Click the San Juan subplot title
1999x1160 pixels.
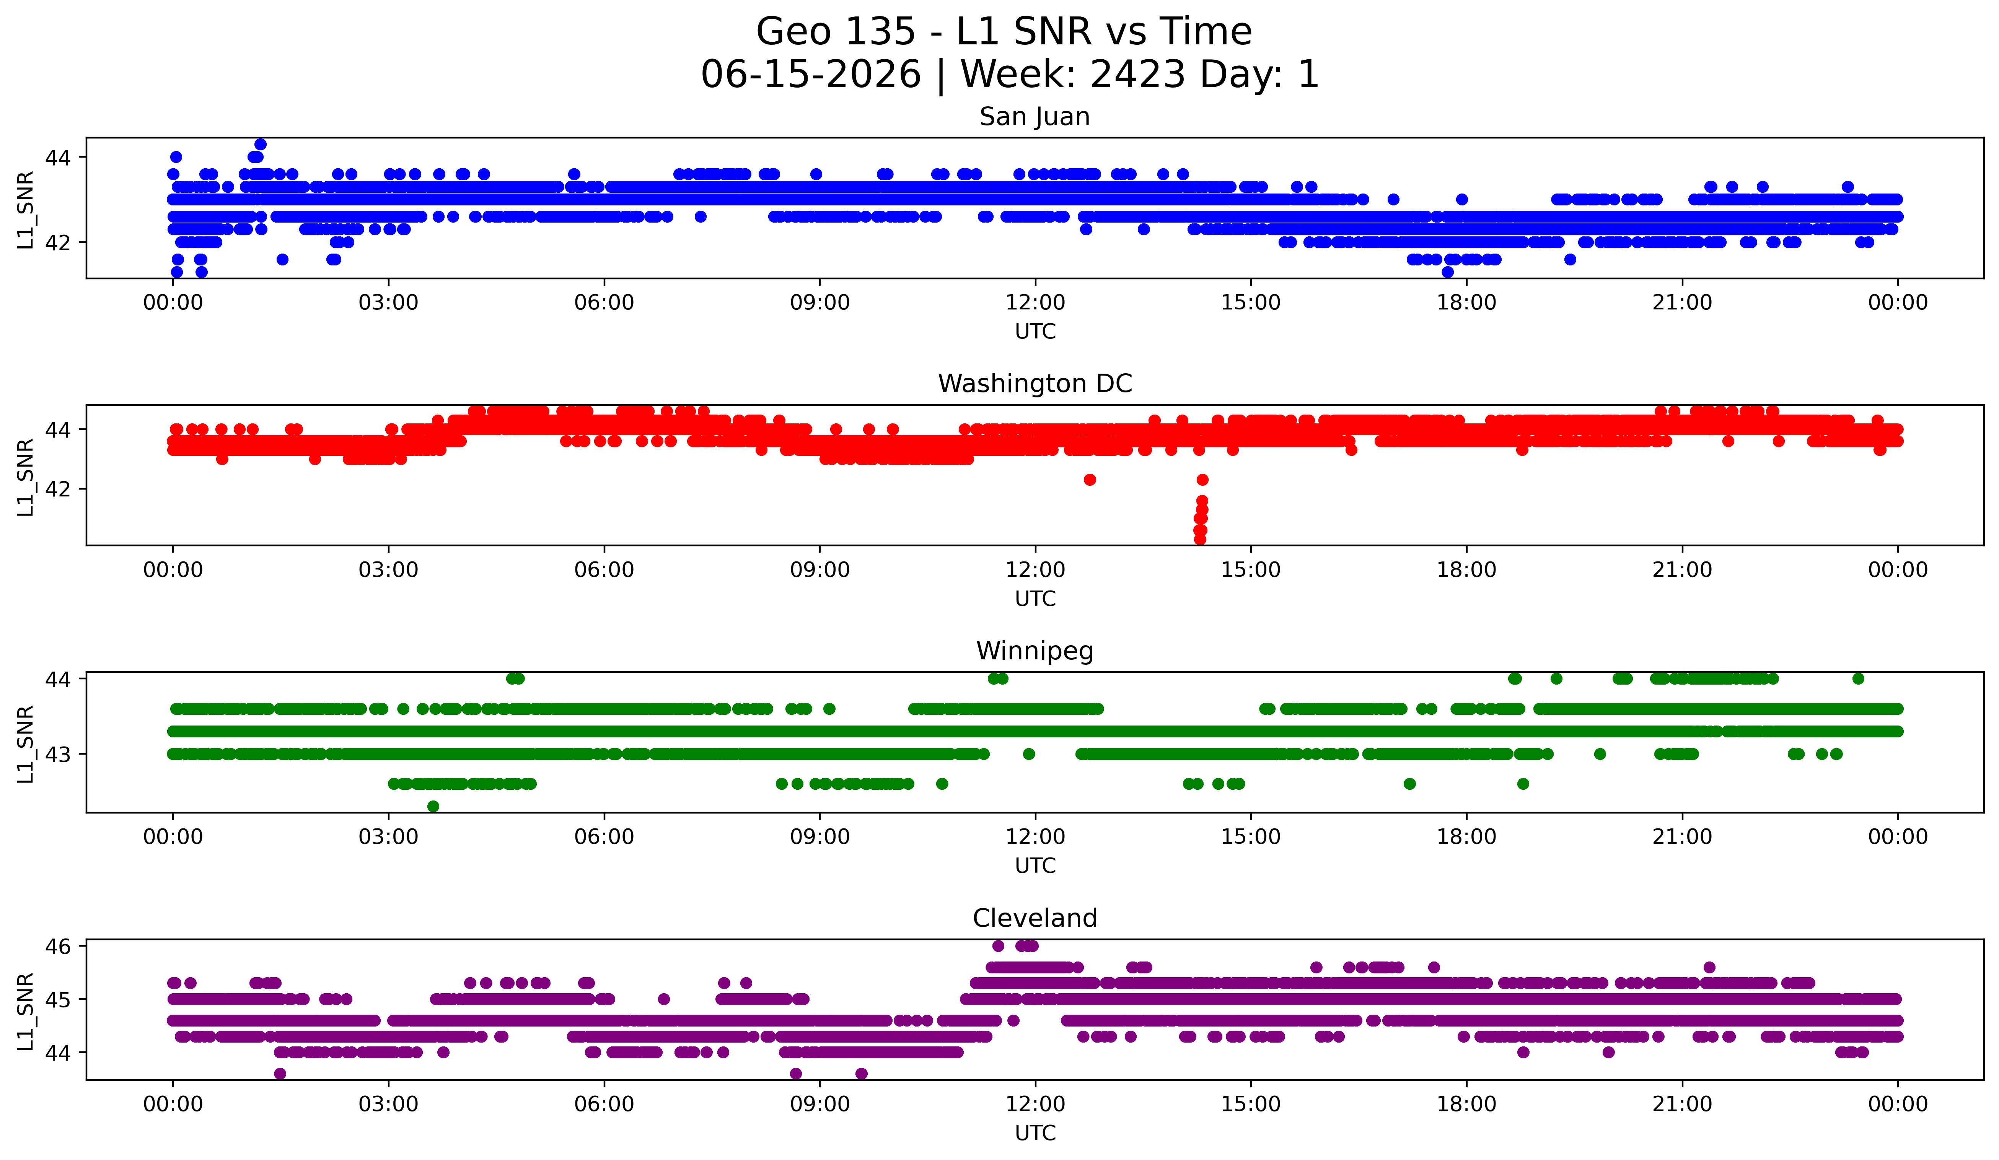(1035, 117)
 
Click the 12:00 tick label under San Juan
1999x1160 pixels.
(1035, 302)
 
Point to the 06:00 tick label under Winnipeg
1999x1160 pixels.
(604, 836)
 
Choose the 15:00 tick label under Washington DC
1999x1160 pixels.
(1251, 569)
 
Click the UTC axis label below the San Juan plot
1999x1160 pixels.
(1035, 332)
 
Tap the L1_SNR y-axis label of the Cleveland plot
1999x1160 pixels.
(25, 1012)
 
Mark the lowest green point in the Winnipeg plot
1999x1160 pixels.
(433, 806)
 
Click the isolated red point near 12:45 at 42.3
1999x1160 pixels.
(1090, 480)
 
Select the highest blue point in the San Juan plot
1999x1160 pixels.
(260, 144)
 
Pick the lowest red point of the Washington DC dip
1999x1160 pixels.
(1200, 539)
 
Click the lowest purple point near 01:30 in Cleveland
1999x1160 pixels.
(280, 1074)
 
